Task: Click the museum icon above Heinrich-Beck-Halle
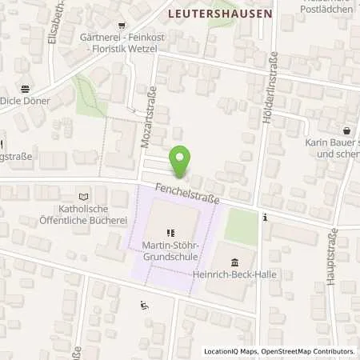[234, 262]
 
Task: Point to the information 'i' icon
[264, 216]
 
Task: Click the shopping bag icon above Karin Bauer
[346, 130]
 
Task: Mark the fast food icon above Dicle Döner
[25, 89]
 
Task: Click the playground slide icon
[144, 305]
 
